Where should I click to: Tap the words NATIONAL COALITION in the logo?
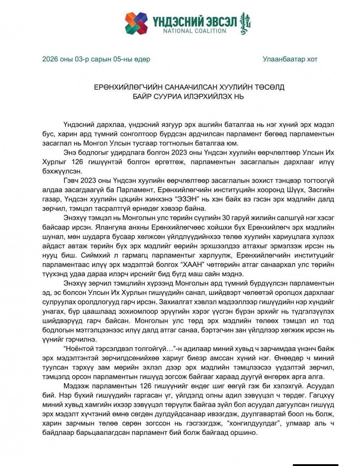coord(195,31)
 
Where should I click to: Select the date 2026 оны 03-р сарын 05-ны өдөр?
coord(96,59)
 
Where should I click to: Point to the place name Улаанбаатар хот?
coord(290,59)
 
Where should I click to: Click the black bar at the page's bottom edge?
coord(315,465)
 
